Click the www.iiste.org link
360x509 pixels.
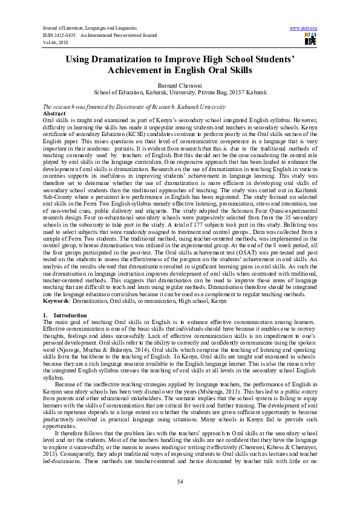[x=304, y=28]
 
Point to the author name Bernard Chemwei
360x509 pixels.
[x=180, y=86]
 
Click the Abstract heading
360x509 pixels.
[x=55, y=113]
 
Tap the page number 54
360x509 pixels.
[x=180, y=481]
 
